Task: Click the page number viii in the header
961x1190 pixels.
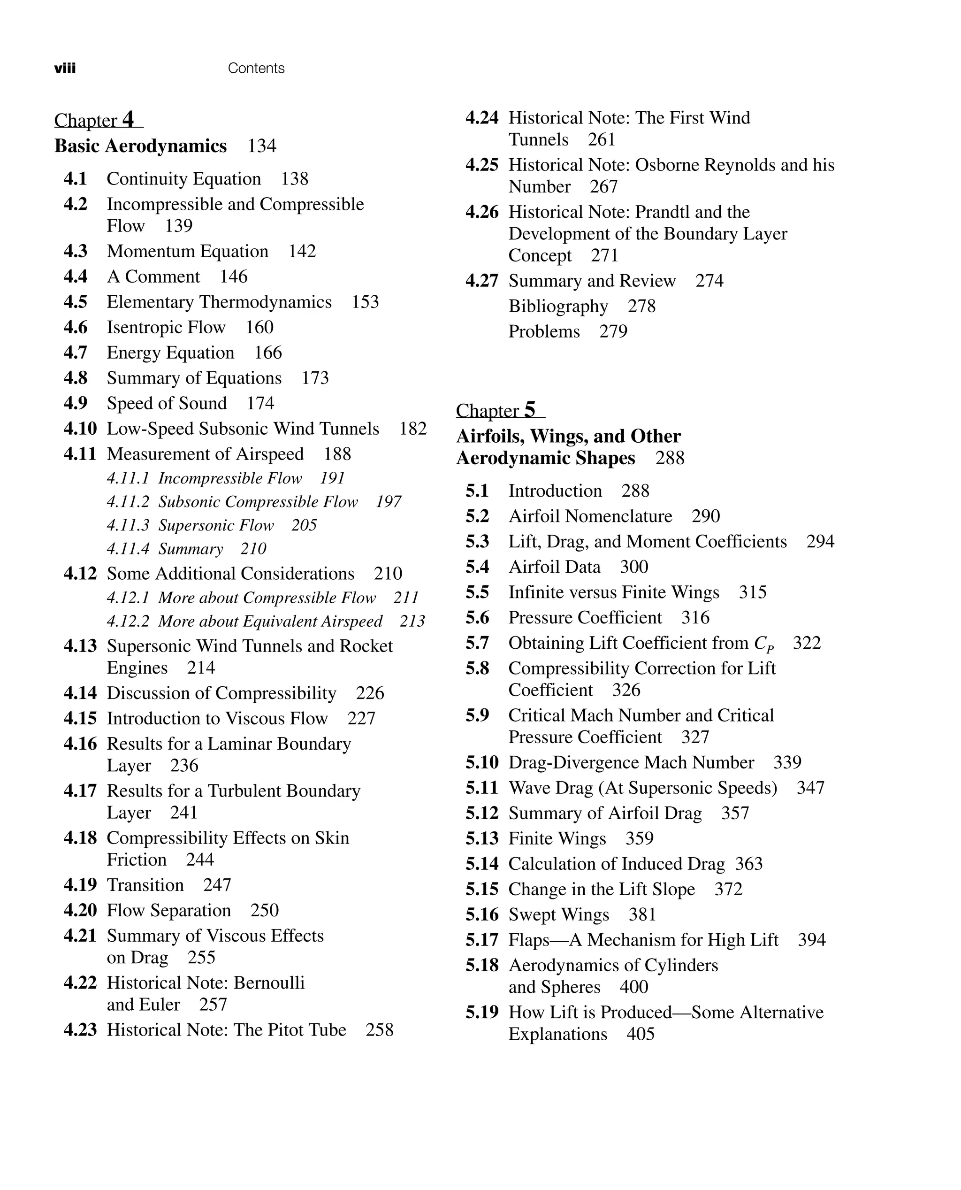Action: (65, 68)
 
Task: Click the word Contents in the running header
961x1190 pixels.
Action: (256, 68)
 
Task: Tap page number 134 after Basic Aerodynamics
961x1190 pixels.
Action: (261, 146)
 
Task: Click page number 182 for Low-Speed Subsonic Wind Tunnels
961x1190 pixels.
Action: (412, 429)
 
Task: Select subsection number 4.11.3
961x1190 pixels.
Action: (128, 525)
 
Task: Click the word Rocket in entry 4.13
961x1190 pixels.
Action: (366, 646)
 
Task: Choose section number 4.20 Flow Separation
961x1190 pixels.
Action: (80, 910)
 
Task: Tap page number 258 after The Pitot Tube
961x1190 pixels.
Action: (379, 1030)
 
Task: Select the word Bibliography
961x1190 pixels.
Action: (558, 306)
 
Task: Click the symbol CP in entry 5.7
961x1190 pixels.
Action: (763, 644)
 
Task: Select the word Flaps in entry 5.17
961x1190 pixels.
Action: (529, 940)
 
